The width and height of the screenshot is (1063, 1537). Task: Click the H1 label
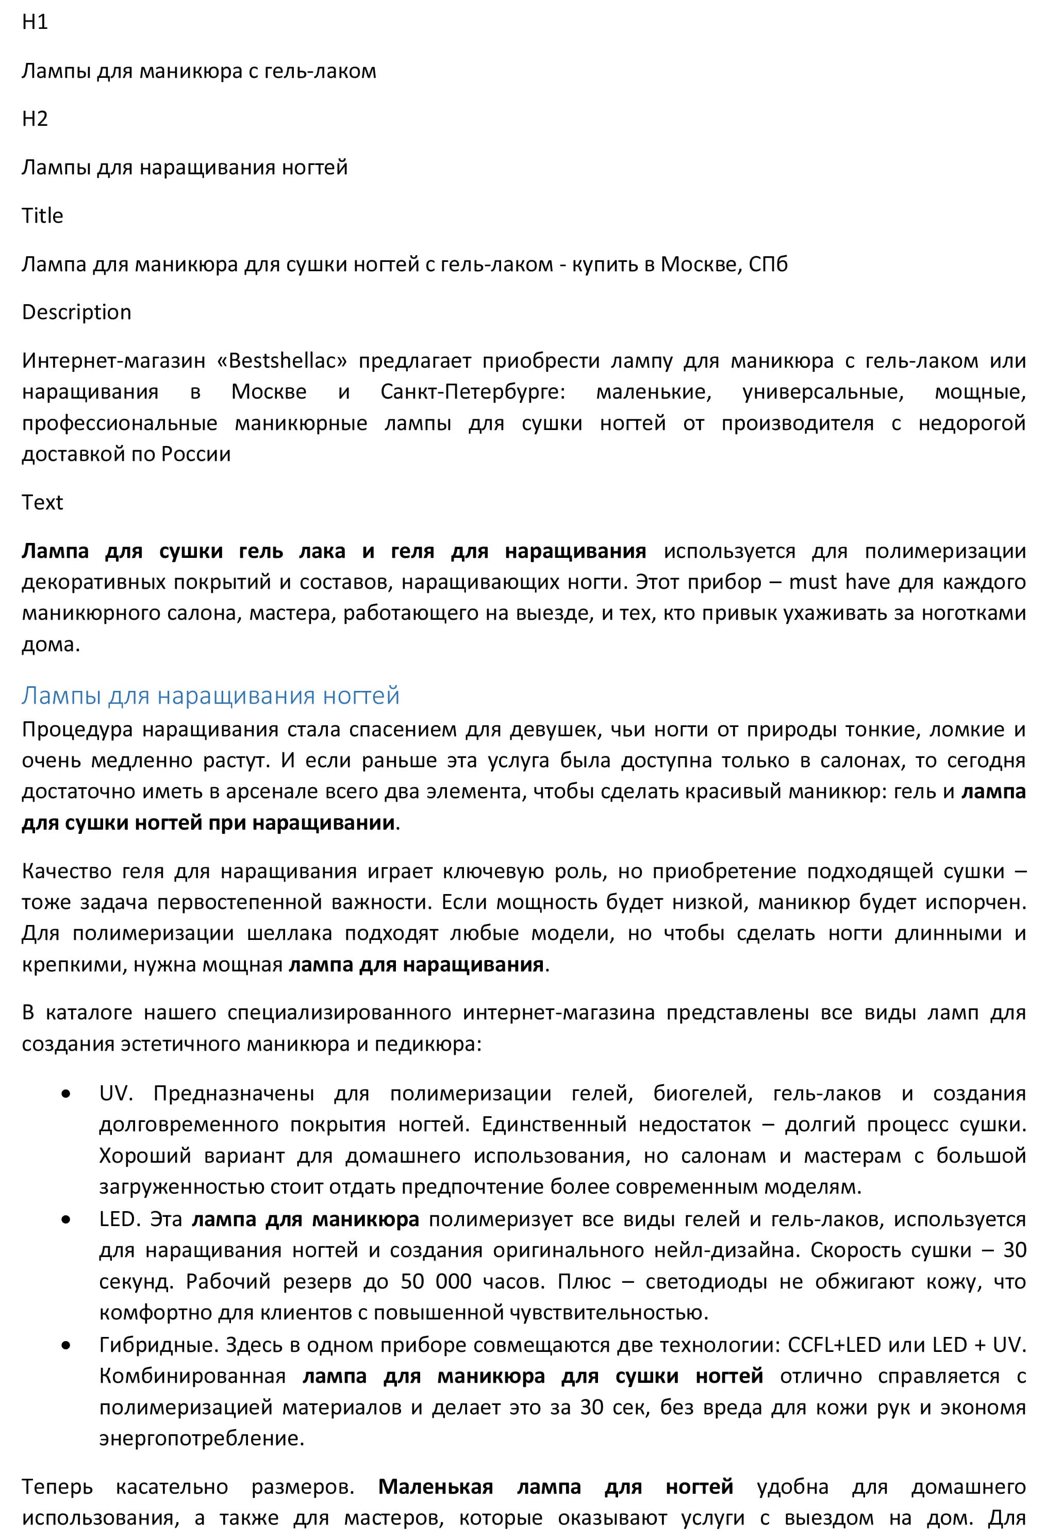point(35,22)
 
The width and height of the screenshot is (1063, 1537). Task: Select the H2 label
point(35,119)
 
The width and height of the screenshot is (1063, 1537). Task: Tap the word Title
point(42,216)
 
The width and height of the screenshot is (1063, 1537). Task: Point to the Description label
point(77,312)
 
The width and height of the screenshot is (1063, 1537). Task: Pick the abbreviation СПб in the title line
point(768,265)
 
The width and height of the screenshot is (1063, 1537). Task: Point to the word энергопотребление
point(201,1438)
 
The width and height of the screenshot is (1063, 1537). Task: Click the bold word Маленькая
point(436,1487)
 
